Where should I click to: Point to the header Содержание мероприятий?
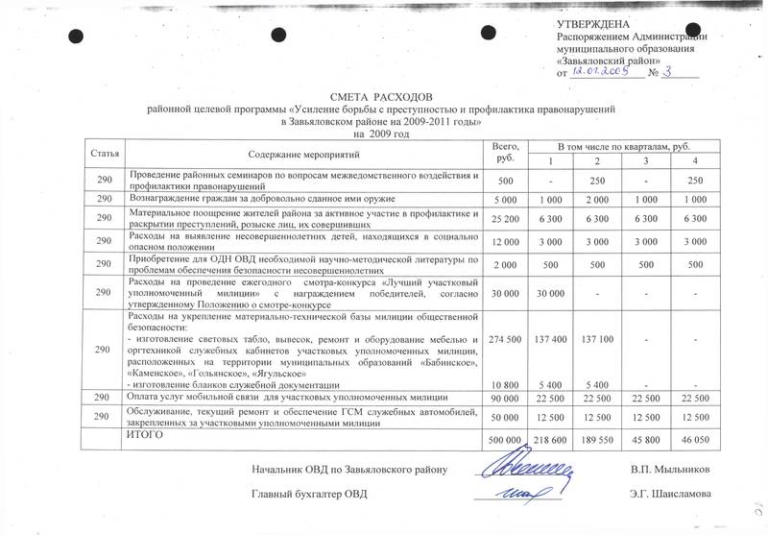tap(302, 154)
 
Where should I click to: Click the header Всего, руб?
tap(505, 150)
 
